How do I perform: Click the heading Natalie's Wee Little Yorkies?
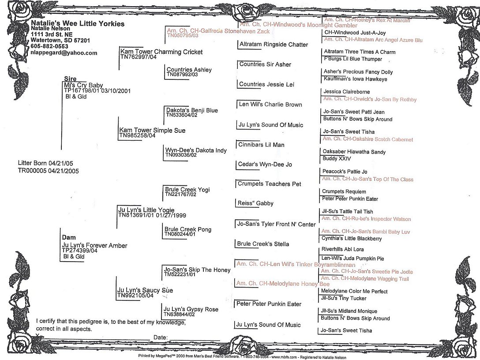[78, 23]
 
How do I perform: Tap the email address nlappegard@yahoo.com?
[64, 52]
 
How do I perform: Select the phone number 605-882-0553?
[49, 46]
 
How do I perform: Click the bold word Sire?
[71, 79]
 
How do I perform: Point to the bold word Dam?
[69, 237]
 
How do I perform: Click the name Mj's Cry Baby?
[83, 85]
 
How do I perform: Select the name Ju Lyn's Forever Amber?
[94, 245]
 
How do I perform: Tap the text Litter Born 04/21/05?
[45, 163]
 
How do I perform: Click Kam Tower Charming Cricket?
[161, 52]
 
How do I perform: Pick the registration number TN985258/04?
[138, 135]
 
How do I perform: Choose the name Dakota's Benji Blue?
[192, 110]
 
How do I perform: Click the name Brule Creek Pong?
[188, 229]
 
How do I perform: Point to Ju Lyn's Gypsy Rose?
[191, 309]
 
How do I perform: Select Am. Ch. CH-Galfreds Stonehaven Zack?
[218, 31]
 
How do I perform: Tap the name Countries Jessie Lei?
[266, 84]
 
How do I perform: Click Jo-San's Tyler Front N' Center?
[277, 224]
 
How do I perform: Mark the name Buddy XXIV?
[337, 158]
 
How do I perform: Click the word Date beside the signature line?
[161, 337]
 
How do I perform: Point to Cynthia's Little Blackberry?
[352, 239]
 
